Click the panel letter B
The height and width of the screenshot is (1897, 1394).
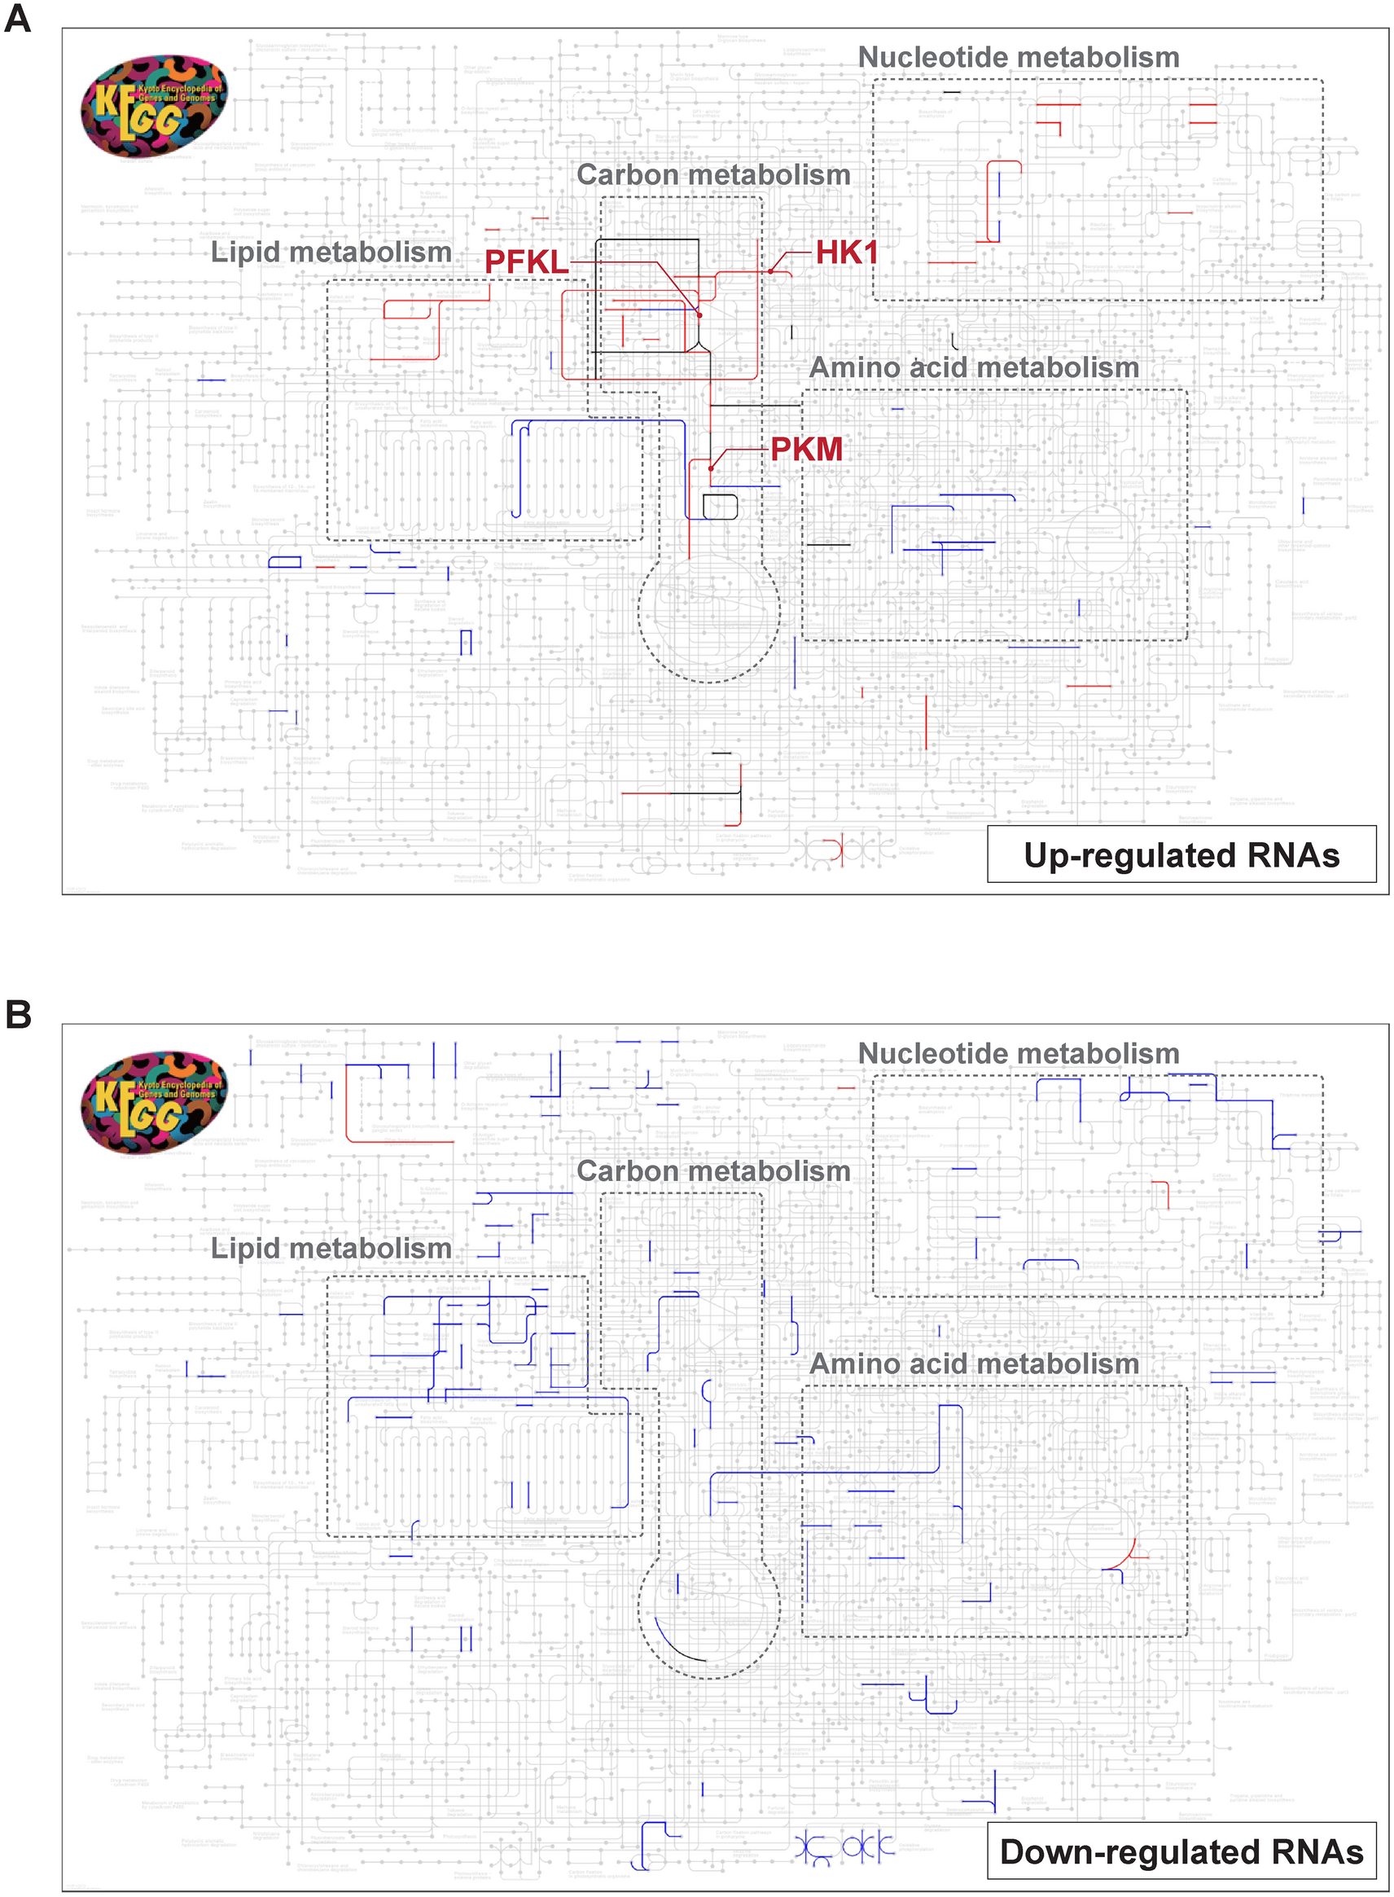(18, 1014)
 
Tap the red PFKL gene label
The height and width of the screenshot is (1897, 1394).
(527, 262)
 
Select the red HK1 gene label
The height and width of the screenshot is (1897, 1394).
(846, 252)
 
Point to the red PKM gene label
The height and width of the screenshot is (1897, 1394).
(807, 449)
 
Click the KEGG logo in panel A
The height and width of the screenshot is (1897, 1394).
(155, 108)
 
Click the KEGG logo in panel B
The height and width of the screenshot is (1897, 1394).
(155, 1104)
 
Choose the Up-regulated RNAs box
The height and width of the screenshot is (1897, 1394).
(1181, 855)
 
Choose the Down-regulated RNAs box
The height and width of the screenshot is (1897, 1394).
(1181, 1851)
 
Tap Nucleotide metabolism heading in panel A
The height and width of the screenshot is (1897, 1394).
(1019, 57)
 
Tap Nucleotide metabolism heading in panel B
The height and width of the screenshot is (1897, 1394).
(1019, 1054)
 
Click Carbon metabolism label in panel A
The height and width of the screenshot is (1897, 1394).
(713, 174)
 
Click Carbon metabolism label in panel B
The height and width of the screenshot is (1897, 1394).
(713, 1171)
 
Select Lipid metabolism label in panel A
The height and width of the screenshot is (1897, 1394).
(331, 252)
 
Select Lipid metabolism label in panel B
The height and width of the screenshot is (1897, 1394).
(331, 1249)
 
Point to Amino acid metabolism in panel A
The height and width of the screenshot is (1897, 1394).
(974, 368)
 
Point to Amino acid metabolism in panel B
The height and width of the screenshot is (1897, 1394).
(974, 1364)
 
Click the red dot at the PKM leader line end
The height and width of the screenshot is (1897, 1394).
(712, 468)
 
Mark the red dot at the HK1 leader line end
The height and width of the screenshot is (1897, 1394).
(770, 272)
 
